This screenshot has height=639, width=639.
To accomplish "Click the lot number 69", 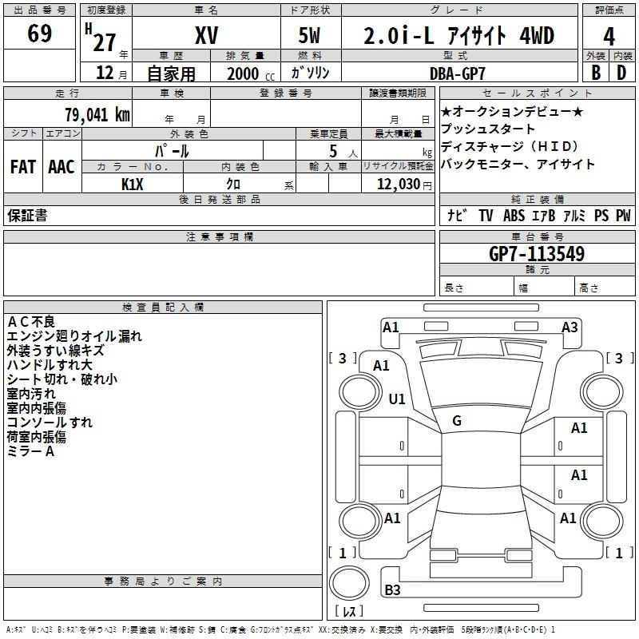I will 40,34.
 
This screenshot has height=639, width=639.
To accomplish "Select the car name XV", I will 206,35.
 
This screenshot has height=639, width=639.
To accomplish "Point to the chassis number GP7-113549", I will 536,254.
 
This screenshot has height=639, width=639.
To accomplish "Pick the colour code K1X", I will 133,184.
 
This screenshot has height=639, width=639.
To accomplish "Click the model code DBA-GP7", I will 458,73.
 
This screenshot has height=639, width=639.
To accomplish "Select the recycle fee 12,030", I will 398,184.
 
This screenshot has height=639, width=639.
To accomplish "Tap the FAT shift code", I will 23,167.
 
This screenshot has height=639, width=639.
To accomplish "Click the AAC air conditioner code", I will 62,167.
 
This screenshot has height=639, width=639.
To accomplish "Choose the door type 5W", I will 312,36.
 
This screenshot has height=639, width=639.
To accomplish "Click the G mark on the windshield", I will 457,421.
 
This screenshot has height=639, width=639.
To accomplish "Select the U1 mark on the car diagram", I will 397,399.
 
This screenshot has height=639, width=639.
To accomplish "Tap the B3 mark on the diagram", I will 393,590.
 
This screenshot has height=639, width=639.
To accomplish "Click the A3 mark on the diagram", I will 570,327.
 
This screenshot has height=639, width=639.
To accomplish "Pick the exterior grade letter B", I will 595,73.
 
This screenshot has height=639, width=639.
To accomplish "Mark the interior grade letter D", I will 621,73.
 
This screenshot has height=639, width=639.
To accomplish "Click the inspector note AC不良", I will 31,321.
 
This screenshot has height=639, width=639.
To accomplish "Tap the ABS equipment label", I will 514,216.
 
